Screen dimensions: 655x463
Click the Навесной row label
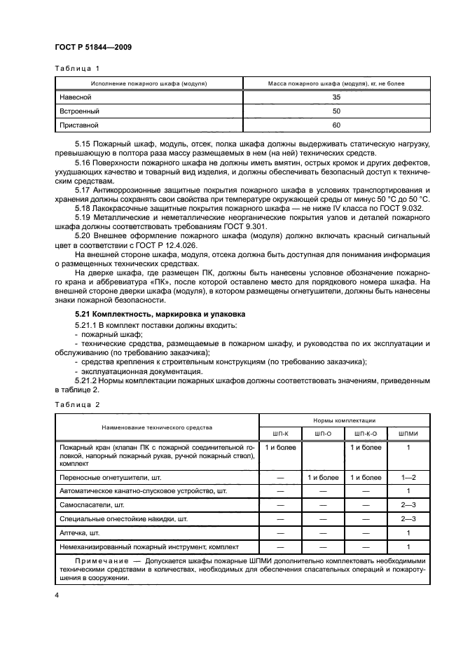[76, 97]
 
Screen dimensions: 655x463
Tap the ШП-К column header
[279, 433]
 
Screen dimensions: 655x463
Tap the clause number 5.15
[84, 143]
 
